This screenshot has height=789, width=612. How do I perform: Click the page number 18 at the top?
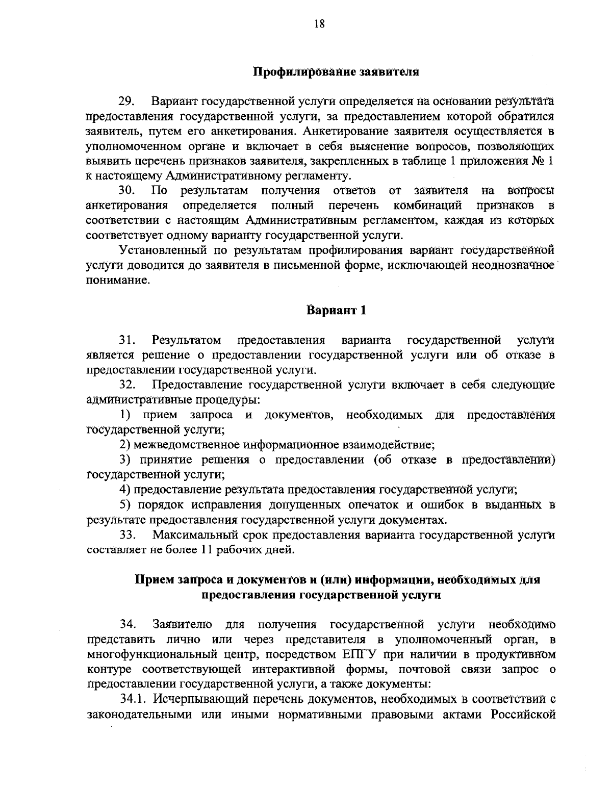[x=320, y=23]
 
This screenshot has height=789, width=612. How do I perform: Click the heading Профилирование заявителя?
[x=336, y=71]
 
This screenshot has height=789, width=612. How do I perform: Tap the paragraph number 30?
[x=126, y=191]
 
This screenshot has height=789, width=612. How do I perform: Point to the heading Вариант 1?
[x=336, y=310]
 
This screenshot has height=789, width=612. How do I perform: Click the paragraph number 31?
[x=126, y=340]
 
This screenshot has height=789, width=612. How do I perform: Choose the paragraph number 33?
[x=126, y=535]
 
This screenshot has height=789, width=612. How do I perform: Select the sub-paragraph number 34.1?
[x=131, y=698]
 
